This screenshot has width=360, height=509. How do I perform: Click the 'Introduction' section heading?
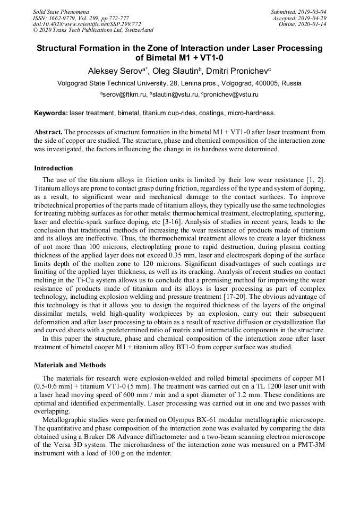pos(54,168)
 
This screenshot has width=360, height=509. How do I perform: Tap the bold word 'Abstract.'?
pos(49,132)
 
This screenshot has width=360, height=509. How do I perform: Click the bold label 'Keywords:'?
pos(51,113)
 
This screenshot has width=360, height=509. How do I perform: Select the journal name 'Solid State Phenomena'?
pos(61,12)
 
